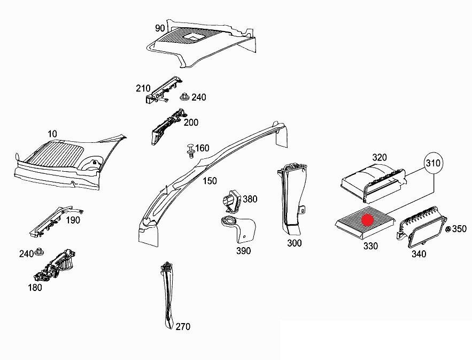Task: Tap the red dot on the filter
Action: pyautogui.click(x=367, y=219)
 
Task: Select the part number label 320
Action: pyautogui.click(x=379, y=157)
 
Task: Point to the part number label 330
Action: pyautogui.click(x=370, y=246)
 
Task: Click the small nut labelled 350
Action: pyautogui.click(x=447, y=229)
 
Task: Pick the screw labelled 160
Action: pyautogui.click(x=189, y=151)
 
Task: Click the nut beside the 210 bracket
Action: pyautogui.click(x=184, y=97)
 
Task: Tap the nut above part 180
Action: pyautogui.click(x=41, y=252)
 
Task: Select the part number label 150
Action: pyautogui.click(x=210, y=181)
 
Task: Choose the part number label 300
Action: pyautogui.click(x=294, y=243)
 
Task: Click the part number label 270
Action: pyautogui.click(x=182, y=326)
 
